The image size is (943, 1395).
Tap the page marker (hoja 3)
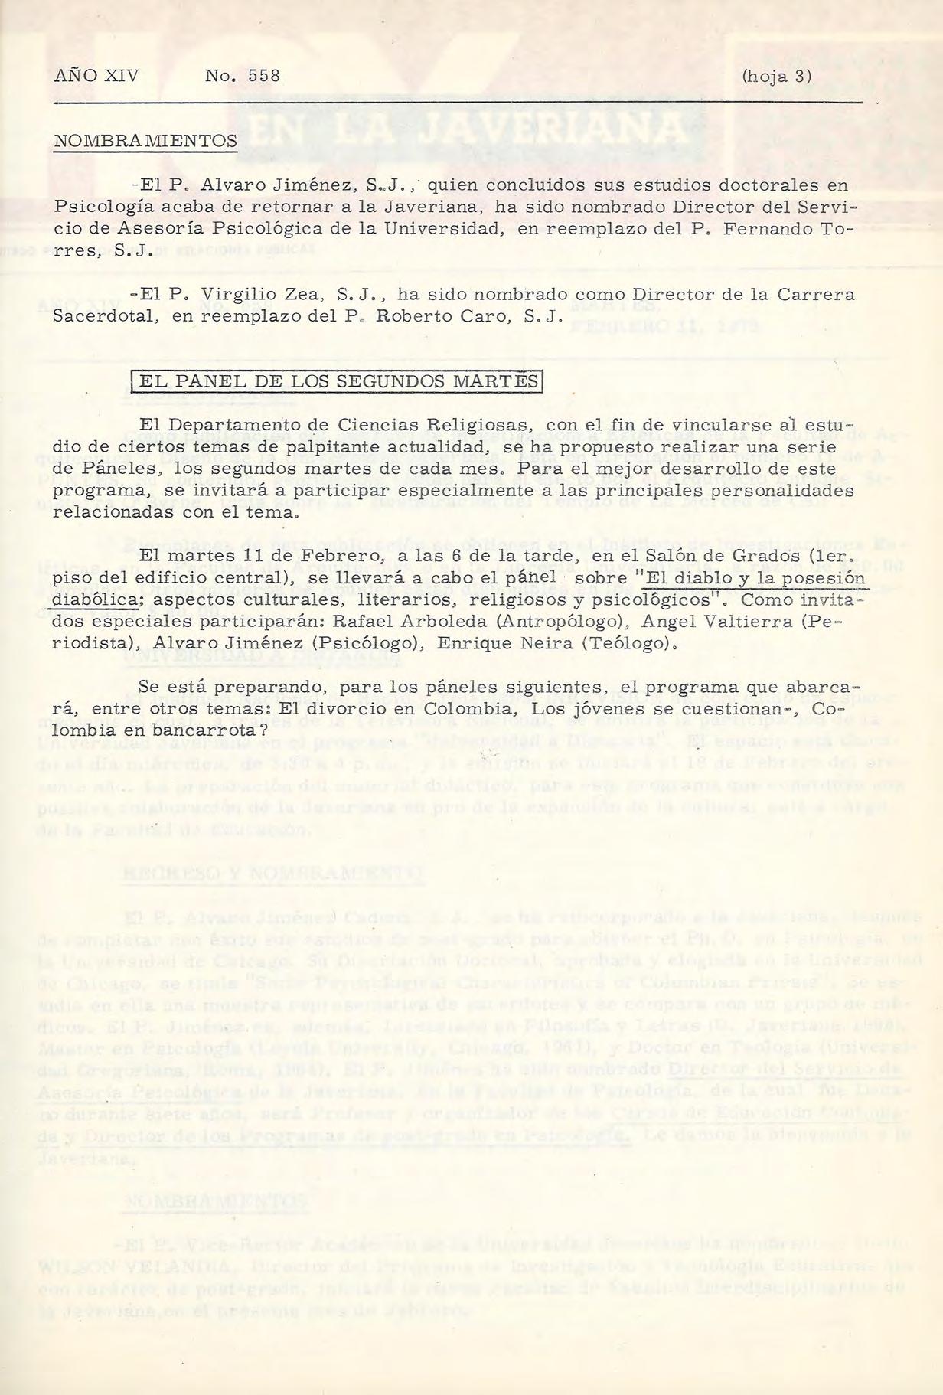click(776, 77)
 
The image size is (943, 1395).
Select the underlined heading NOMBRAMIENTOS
click(145, 141)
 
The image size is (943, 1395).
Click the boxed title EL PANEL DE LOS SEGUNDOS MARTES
click(336, 381)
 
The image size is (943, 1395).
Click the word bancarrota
click(194, 730)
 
